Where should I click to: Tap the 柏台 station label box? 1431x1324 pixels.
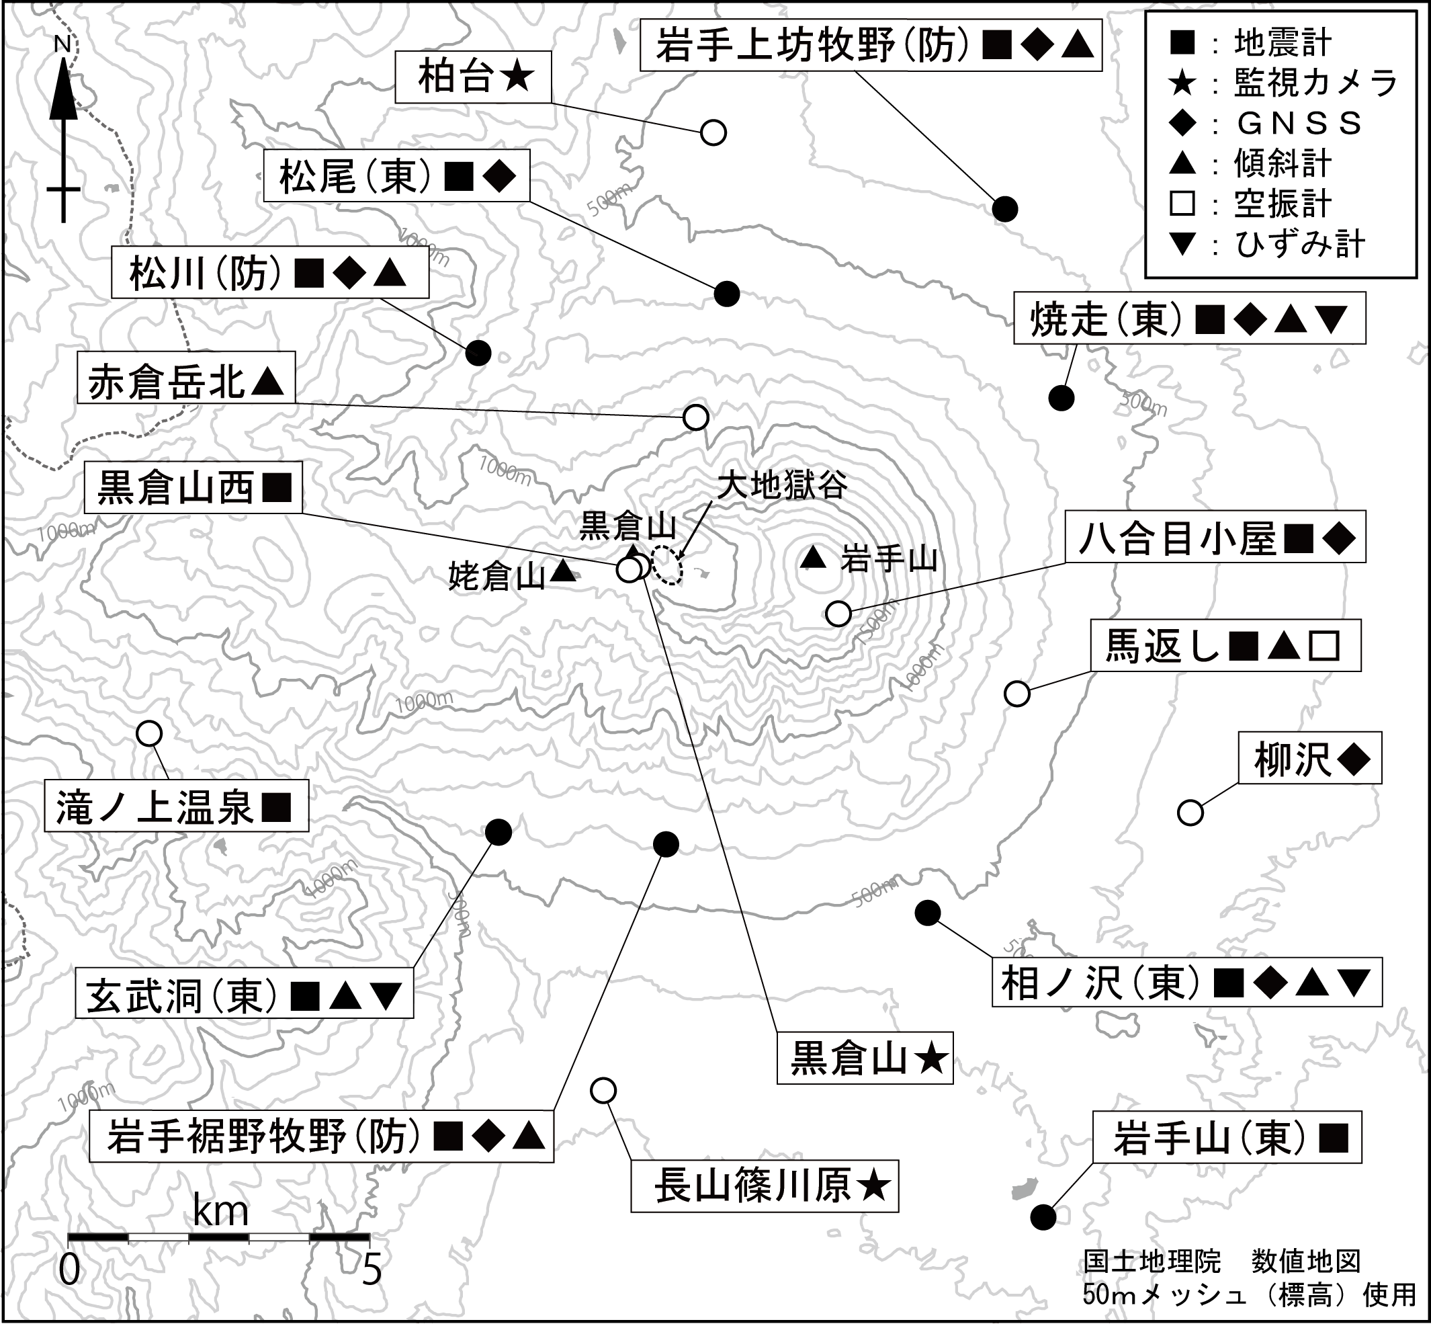[474, 77]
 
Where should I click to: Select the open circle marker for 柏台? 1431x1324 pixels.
[713, 132]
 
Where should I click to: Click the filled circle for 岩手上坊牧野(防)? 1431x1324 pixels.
[1006, 209]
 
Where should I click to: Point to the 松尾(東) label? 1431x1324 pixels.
[396, 175]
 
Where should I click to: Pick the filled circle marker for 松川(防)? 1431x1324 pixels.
[478, 352]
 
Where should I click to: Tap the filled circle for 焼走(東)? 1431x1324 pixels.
[1061, 397]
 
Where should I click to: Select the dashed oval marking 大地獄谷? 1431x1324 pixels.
[670, 565]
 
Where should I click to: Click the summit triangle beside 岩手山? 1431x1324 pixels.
[812, 558]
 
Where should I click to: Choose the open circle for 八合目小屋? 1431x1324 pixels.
[838, 614]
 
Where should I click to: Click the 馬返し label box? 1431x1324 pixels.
[1225, 647]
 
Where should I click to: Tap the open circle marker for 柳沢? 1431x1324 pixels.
[1190, 813]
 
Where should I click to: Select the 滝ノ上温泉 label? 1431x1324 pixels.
[176, 806]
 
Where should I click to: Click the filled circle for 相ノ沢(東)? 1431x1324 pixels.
[928, 912]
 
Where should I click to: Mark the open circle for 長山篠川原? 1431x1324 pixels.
[603, 1089]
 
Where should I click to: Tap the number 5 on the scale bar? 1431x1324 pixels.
[371, 1270]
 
